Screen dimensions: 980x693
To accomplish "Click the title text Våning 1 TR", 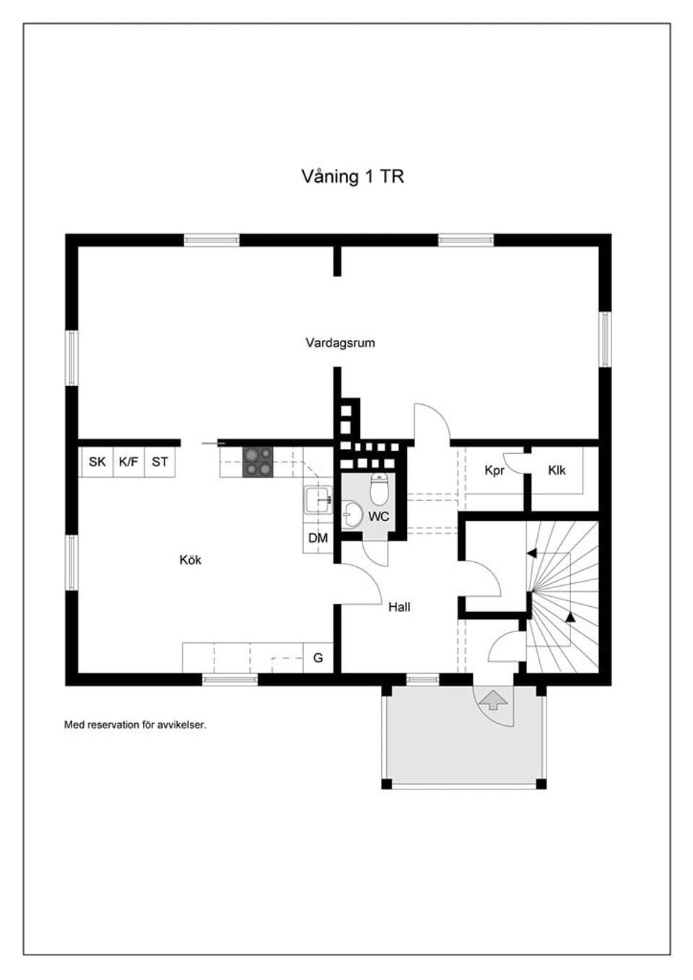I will pos(352,177).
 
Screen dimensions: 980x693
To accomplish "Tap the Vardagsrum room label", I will pos(340,343).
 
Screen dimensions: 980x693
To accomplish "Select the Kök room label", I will pos(191,560).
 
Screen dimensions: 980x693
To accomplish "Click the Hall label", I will pos(399,608).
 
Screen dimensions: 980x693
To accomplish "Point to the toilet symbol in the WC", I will pos(379,489).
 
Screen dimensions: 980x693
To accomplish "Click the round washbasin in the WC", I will pos(353,515).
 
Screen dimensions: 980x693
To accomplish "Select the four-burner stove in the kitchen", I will pos(258,462).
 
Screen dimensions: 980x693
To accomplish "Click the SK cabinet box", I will pos(97,462).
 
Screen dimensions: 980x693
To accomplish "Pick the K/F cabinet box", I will pos(128,462).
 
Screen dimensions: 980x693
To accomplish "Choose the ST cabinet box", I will pos(160,462).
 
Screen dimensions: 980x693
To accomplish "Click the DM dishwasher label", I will pos(318,538).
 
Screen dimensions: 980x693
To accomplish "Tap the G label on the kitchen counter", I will pos(318,658).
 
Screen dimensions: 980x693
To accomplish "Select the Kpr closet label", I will pos(494,471).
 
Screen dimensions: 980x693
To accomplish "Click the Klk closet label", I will pos(557,471).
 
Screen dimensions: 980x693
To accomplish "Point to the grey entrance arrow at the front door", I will pos(494,699).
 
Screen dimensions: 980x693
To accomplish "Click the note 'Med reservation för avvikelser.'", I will pos(135,725).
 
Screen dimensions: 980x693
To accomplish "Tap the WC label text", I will pos(378,517).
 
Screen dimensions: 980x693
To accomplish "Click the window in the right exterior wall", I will pos(605,339).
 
